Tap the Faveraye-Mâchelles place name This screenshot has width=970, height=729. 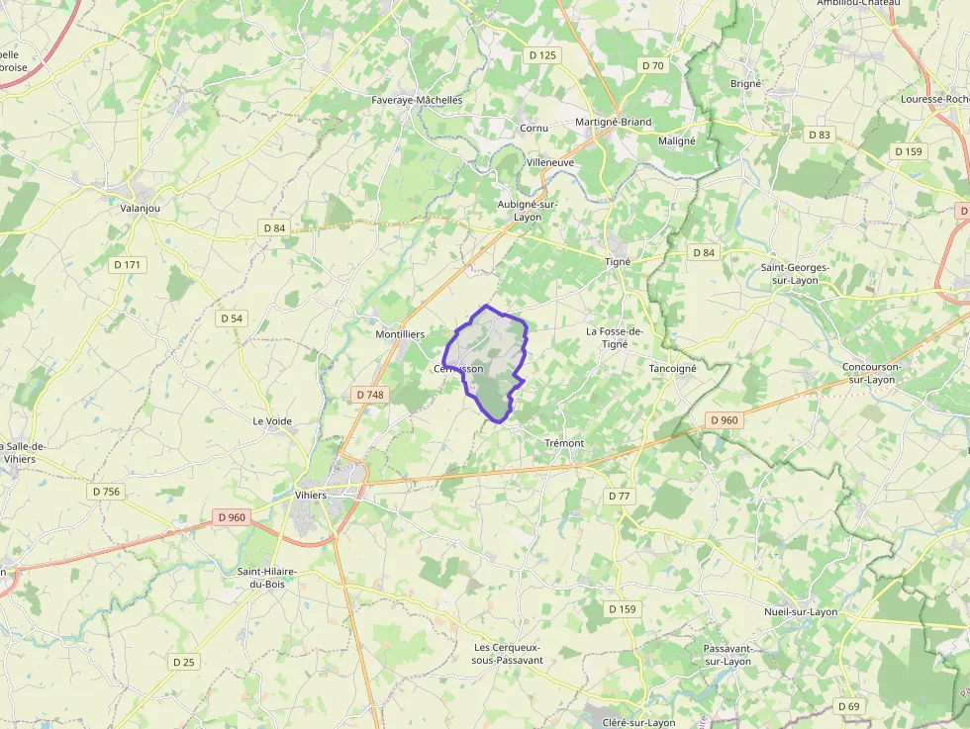point(417,100)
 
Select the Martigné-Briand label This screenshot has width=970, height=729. point(614,122)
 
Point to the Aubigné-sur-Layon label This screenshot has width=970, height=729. point(527,210)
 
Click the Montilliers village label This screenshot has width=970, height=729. point(400,334)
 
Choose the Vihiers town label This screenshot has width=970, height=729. point(311,496)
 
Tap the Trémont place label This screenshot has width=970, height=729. point(564,443)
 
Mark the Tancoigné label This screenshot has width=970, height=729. point(672,368)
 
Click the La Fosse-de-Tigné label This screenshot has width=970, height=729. point(615,337)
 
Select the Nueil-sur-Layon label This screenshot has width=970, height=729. point(801,611)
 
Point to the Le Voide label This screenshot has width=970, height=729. point(272,420)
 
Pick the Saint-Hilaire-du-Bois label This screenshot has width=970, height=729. point(266,578)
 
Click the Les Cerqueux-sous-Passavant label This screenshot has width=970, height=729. point(508,654)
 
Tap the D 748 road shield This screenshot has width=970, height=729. point(369,395)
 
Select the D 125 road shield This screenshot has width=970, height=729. point(542,55)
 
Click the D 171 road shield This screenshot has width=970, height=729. point(128,265)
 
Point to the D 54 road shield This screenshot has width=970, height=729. point(232,319)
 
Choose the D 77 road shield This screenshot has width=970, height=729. point(620,496)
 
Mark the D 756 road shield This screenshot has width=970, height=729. point(106,492)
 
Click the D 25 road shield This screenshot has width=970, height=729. point(184,662)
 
